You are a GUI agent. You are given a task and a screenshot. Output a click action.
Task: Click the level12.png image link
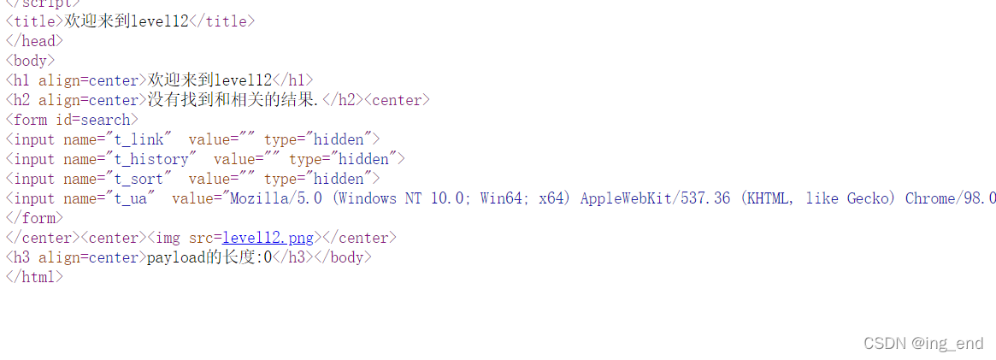268,238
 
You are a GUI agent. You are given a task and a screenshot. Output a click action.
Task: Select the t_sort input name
137,179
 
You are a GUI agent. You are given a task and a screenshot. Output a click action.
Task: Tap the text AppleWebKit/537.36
655,198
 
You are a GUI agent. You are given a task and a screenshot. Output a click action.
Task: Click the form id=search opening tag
72,120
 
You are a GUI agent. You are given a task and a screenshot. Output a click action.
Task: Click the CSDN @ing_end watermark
923,343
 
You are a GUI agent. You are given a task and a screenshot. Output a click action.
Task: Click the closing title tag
221,21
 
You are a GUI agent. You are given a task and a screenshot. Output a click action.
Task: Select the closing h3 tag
289,257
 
